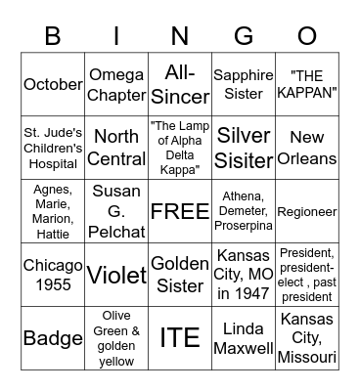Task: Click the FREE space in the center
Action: tap(180, 211)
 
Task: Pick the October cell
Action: tap(53, 84)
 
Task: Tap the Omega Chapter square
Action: tap(116, 84)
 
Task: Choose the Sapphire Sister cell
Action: tap(244, 84)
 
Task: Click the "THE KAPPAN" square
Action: tap(307, 84)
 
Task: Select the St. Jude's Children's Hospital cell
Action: tap(53, 148)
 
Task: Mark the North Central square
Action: tap(116, 148)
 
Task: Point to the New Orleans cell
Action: tap(307, 148)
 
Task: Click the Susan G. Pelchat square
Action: tap(116, 211)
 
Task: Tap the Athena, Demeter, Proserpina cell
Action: tap(244, 211)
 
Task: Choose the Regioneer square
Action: tap(307, 211)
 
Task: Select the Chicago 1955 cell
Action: tap(53, 275)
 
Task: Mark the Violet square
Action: tap(116, 275)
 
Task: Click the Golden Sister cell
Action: tap(180, 275)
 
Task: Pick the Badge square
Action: tap(53, 338)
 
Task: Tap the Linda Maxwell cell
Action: tap(244, 338)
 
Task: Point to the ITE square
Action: tap(180, 338)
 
